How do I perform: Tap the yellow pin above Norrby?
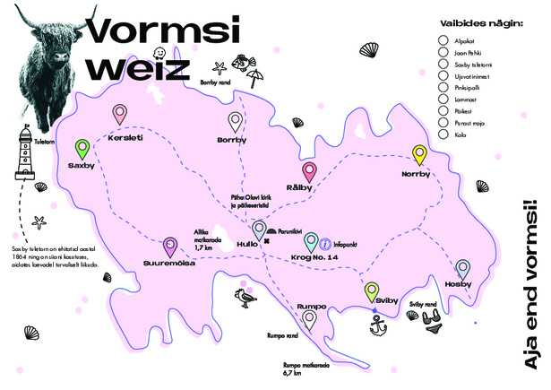point(419,154)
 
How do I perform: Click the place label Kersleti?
point(124,139)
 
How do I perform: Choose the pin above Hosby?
point(462,268)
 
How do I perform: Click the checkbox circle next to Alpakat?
point(443,40)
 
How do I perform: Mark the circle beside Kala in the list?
point(443,134)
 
